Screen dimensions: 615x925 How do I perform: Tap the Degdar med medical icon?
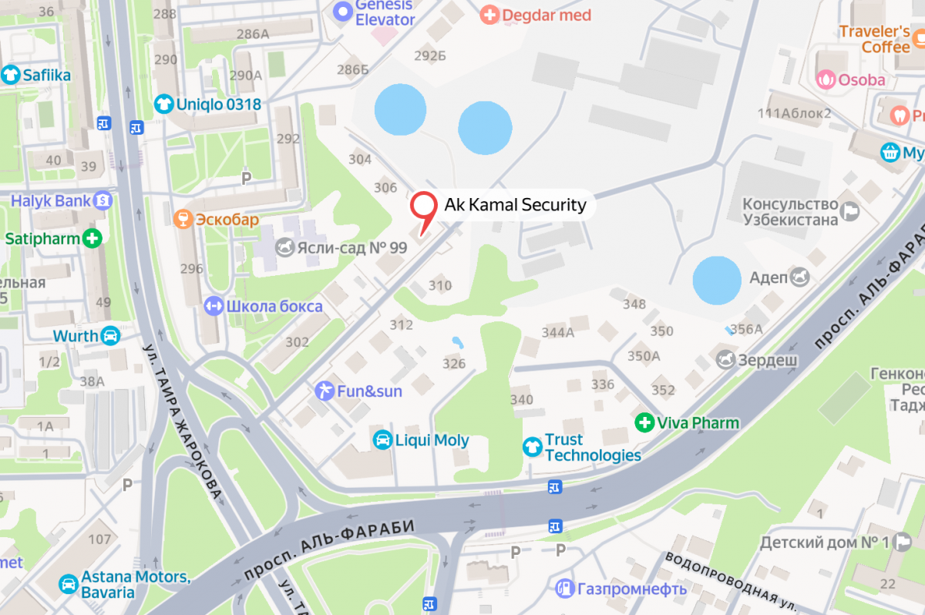click(489, 15)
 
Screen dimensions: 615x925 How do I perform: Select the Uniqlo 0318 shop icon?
click(163, 103)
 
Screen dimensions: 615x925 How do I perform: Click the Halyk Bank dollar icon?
click(103, 201)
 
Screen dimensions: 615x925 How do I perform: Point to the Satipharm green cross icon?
click(92, 238)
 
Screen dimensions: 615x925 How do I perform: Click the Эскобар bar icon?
click(183, 220)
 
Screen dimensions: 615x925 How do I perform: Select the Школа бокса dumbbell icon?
click(213, 307)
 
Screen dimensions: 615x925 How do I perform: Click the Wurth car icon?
click(111, 336)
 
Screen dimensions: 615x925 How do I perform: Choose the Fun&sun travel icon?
click(325, 391)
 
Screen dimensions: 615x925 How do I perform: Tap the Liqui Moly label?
click(432, 440)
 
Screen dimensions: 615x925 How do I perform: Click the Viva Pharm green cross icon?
click(644, 422)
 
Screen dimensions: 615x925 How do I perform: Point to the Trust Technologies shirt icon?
click(532, 446)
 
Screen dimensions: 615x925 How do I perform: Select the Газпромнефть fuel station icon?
click(565, 589)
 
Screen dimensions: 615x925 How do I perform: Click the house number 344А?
click(558, 333)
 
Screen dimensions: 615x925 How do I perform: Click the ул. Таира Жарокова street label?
click(183, 420)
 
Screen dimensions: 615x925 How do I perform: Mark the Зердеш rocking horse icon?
click(726, 358)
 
